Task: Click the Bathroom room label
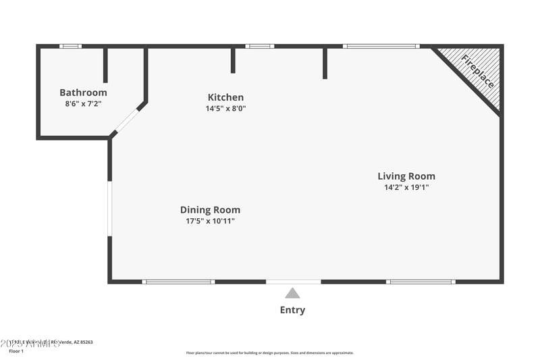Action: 83,93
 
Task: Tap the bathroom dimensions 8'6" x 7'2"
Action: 83,104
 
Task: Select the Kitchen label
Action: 225,97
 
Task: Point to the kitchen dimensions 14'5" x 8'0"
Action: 225,108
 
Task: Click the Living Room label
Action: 406,176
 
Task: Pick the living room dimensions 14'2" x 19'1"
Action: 406,187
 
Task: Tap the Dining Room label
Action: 210,210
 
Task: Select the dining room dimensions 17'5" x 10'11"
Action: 210,221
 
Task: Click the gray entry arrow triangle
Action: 292,293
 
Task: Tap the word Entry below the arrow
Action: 292,310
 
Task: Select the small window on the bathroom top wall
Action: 70,46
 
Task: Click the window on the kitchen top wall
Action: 260,46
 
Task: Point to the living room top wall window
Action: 381,46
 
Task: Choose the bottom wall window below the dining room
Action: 178,282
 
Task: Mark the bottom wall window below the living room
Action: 421,282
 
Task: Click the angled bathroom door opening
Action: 126,122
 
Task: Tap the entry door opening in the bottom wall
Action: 293,282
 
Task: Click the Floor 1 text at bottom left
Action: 16,351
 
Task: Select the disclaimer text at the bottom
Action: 269,353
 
